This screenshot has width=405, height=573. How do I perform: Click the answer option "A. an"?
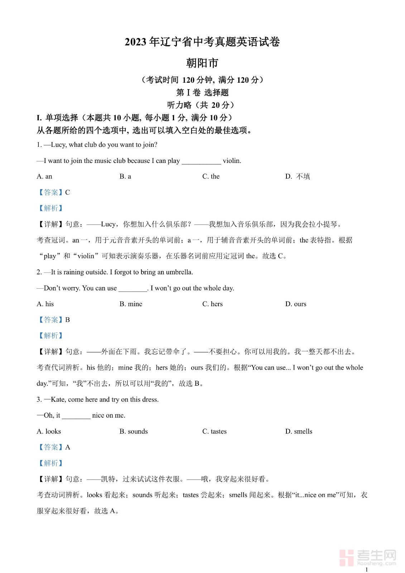44,176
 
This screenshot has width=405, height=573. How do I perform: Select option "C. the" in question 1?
211,176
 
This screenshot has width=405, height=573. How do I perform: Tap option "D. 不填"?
298,176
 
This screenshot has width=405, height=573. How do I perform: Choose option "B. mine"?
131,304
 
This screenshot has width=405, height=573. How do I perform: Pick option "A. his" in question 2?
45,304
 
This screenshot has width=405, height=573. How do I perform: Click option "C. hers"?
212,304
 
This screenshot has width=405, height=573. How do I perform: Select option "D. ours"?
296,304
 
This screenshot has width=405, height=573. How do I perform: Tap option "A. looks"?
49,431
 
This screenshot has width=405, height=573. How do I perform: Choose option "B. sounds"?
134,431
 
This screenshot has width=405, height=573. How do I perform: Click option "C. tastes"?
214,431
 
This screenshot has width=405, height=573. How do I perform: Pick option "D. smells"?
299,431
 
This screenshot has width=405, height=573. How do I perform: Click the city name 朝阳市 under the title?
202,63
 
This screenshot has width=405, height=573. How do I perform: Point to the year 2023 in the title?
135,42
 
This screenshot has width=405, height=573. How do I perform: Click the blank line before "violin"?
201,161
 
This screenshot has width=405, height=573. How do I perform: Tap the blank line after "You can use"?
132,289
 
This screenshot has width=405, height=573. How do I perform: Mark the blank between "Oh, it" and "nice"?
76,416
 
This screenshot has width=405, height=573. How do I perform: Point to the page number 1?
366,569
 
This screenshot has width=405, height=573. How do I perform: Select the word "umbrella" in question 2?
179,272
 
